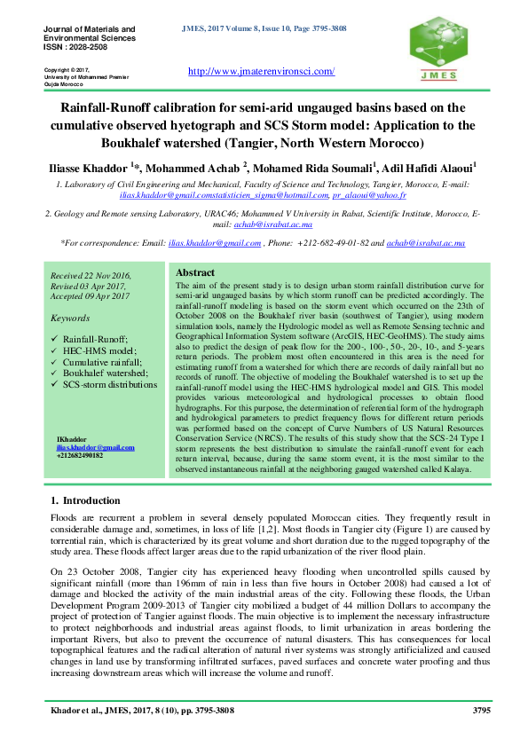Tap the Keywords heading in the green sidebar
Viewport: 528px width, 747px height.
click(71, 317)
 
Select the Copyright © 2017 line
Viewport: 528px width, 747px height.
click(67, 69)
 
